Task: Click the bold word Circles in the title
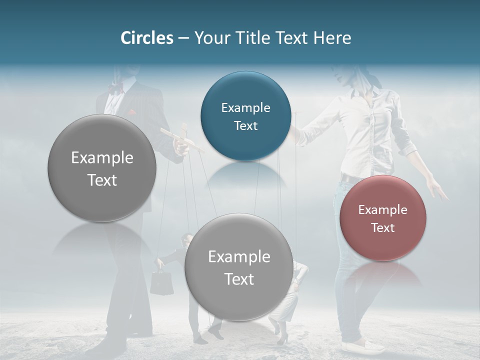point(146,38)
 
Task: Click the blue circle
point(245,116)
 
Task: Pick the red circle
point(383,218)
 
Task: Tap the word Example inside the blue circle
point(245,107)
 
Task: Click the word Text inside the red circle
point(383,227)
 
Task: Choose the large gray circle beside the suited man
point(102,168)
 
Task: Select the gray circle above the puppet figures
point(238,267)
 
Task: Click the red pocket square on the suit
point(131,112)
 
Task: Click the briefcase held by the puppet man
point(162,283)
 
